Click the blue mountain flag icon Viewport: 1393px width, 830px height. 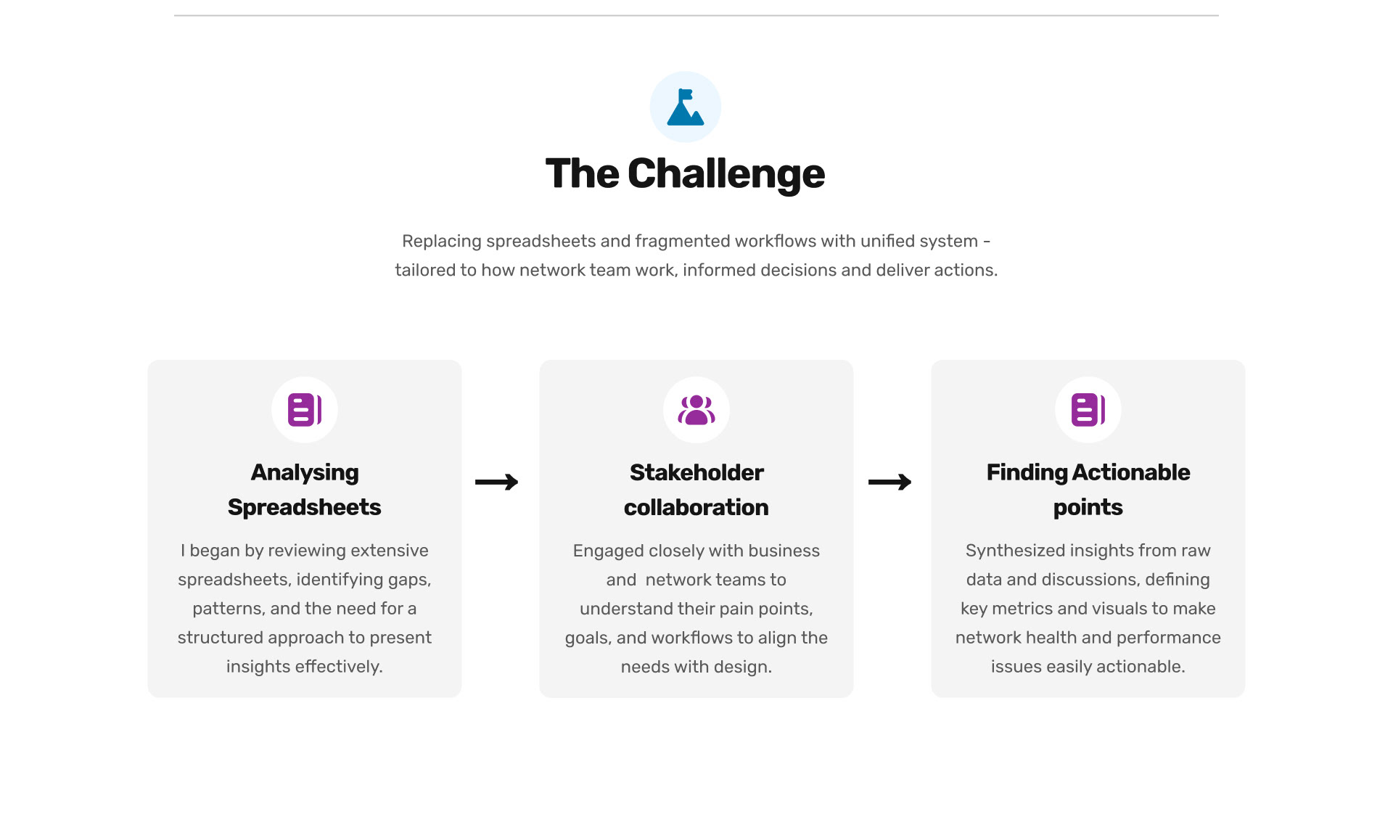pos(685,107)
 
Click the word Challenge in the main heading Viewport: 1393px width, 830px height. pos(726,174)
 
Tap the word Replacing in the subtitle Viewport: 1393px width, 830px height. pos(441,241)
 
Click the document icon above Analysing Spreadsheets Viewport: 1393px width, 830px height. pos(305,410)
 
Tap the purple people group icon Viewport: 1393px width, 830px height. pos(696,410)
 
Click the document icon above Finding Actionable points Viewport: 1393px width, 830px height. pos(1088,410)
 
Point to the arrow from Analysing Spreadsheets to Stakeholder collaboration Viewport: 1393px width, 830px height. pos(497,482)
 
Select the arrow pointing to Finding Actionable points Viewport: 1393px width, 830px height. pos(890,482)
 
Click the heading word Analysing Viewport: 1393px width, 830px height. pos(305,472)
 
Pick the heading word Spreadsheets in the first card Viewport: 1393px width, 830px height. pos(305,507)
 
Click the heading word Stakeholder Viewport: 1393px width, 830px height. pos(696,472)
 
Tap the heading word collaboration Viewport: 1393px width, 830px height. pos(696,507)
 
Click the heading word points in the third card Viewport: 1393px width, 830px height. pos(1088,507)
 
